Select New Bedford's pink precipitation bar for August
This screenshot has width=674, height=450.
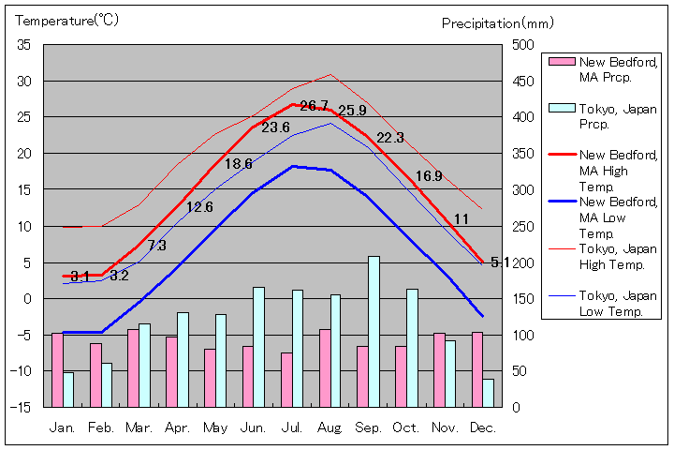pyautogui.click(x=325, y=367)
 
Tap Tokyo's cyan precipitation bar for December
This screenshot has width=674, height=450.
pyautogui.click(x=488, y=393)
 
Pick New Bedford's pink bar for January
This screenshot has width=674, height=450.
pyautogui.click(x=57, y=369)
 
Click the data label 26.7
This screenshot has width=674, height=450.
pyautogui.click(x=314, y=106)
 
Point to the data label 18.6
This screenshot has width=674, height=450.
pyautogui.click(x=238, y=163)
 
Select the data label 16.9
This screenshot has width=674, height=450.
pyautogui.click(x=429, y=175)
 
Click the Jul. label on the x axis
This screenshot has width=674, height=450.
pyautogui.click(x=292, y=427)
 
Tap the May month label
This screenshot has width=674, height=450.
pyautogui.click(x=215, y=427)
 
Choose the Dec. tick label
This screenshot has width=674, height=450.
pyautogui.click(x=483, y=427)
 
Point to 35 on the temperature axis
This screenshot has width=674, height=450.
pyautogui.click(x=23, y=45)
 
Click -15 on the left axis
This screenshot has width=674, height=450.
pyautogui.click(x=22, y=407)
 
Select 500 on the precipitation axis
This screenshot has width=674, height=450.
pyautogui.click(x=522, y=45)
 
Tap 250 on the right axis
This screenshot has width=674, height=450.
pyautogui.click(x=522, y=226)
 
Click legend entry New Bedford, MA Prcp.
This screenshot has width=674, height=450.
pyautogui.click(x=605, y=68)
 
